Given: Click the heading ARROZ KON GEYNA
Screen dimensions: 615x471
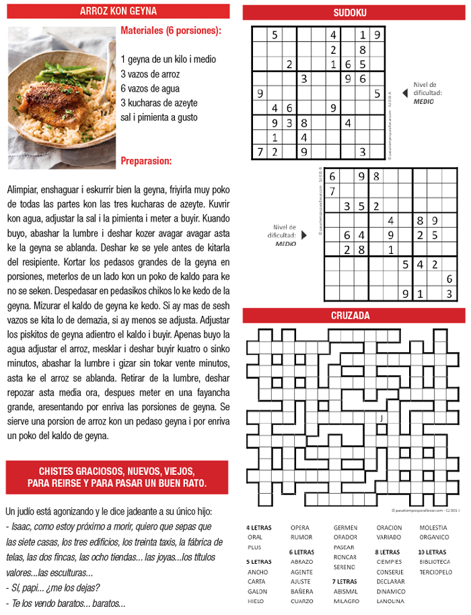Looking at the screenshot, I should [x=118, y=11].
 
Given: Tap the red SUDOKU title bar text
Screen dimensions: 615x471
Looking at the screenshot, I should [x=350, y=12].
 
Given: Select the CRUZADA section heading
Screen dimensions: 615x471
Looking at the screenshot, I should [x=350, y=315].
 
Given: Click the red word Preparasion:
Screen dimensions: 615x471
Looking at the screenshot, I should [x=146, y=161].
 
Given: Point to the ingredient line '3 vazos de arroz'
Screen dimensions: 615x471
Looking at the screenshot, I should [x=159, y=73].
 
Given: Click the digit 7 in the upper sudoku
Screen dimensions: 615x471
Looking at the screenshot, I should [x=260, y=152].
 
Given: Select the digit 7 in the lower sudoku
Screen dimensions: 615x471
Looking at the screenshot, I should [x=332, y=191].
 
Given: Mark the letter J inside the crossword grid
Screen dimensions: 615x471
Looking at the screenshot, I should [x=382, y=418].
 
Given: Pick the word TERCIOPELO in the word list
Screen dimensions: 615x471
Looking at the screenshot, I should [x=435, y=571].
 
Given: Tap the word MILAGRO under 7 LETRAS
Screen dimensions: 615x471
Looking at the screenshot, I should [x=347, y=601].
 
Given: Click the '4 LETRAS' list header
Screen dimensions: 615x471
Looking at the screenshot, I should [x=259, y=527].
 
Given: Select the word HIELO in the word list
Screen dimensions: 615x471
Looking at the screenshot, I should [x=256, y=601].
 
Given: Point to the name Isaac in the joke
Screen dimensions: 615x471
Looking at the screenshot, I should [x=22, y=526].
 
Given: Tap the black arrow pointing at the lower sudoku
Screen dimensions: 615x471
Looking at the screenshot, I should [x=303, y=235].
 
